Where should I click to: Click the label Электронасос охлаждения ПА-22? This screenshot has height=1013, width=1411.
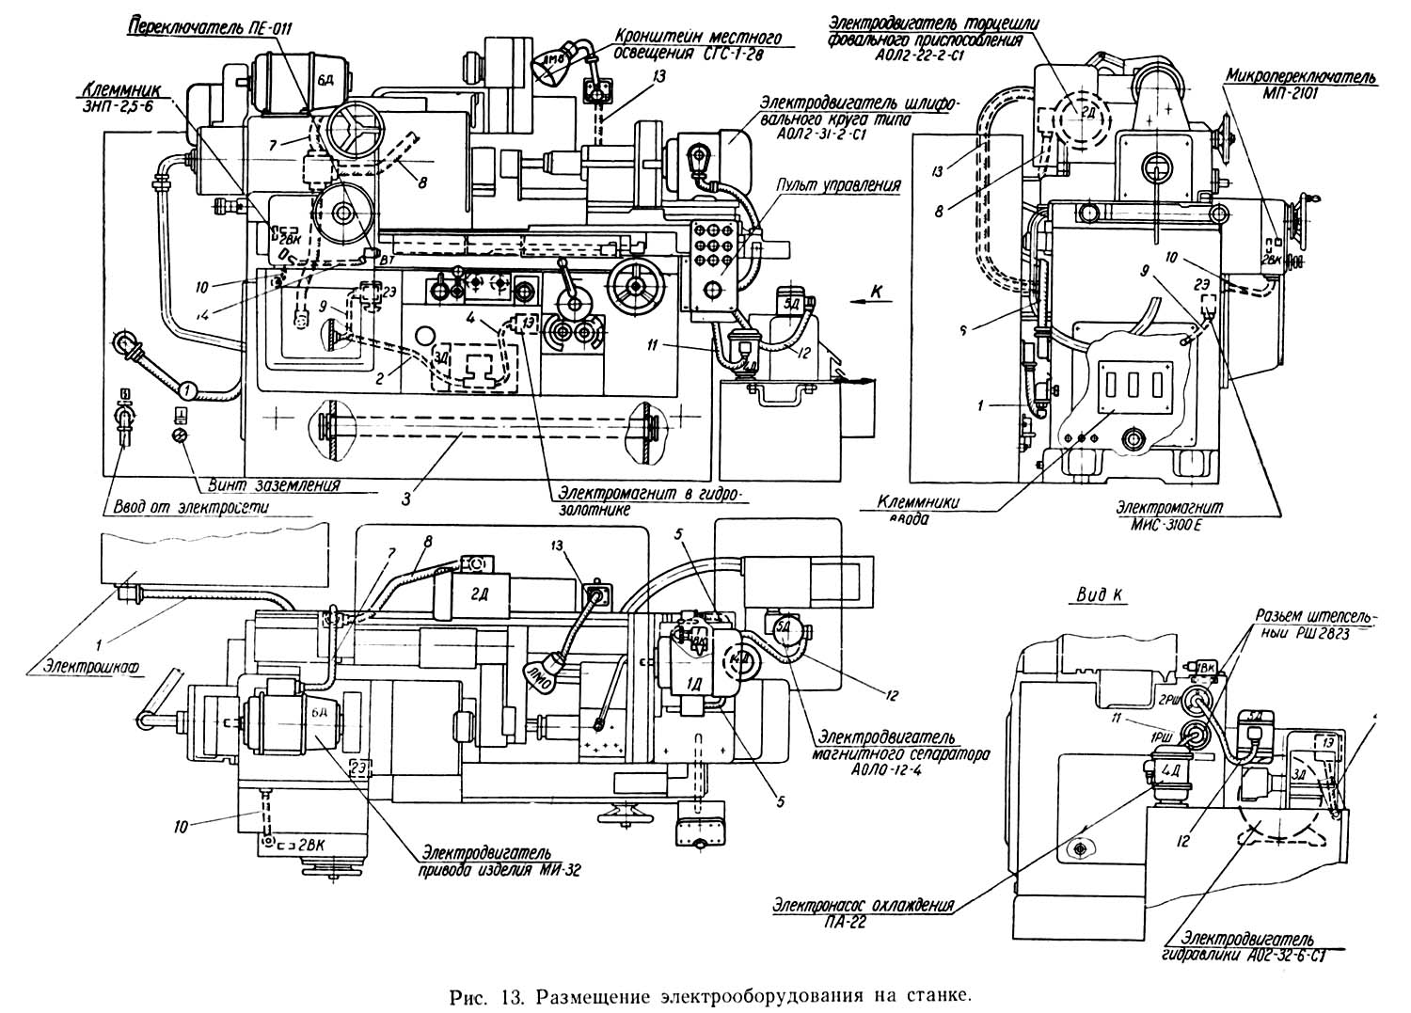coord(862,912)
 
